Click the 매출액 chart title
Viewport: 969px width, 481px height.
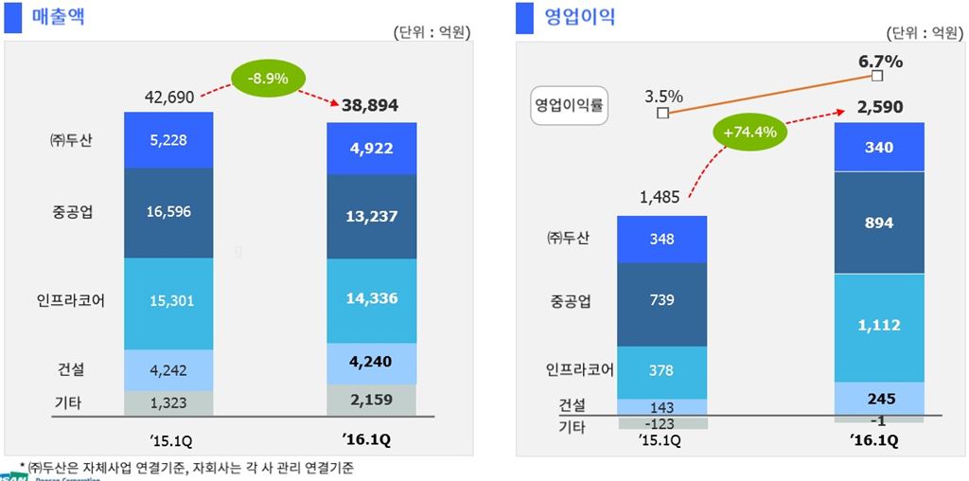click(59, 16)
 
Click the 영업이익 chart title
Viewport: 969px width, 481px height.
click(580, 16)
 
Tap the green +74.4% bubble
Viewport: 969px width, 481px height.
click(749, 133)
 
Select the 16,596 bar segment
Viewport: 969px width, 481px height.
click(168, 212)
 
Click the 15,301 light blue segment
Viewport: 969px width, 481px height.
click(168, 301)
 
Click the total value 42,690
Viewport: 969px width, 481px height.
click(169, 97)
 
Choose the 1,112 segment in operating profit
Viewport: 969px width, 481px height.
click(879, 326)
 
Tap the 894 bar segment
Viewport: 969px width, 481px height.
click(879, 223)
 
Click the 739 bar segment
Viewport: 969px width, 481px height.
click(662, 301)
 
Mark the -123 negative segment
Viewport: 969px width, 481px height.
click(662, 422)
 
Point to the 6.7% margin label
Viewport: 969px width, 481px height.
click(880, 62)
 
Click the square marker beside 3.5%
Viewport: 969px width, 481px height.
click(662, 114)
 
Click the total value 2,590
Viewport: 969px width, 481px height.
click(880, 107)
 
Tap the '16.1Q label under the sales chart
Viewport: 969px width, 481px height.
click(370, 440)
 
